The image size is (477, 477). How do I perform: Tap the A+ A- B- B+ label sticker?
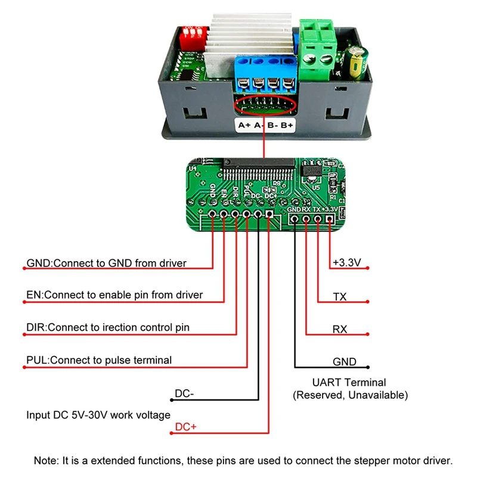[x=266, y=125]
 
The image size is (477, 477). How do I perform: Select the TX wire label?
[x=340, y=296]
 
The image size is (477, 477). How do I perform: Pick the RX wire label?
[x=340, y=329]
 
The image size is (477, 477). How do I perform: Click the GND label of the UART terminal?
[x=344, y=361]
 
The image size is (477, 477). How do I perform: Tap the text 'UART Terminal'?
[x=349, y=383]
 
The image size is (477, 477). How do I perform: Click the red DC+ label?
[x=185, y=428]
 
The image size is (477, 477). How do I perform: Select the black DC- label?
[x=185, y=394]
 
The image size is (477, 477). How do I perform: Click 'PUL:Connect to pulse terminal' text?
[x=99, y=360]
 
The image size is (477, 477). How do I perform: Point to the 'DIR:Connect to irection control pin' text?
[x=108, y=327]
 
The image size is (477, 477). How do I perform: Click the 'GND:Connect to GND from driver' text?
[x=106, y=263]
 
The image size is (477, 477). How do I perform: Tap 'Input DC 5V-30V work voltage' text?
[x=98, y=415]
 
